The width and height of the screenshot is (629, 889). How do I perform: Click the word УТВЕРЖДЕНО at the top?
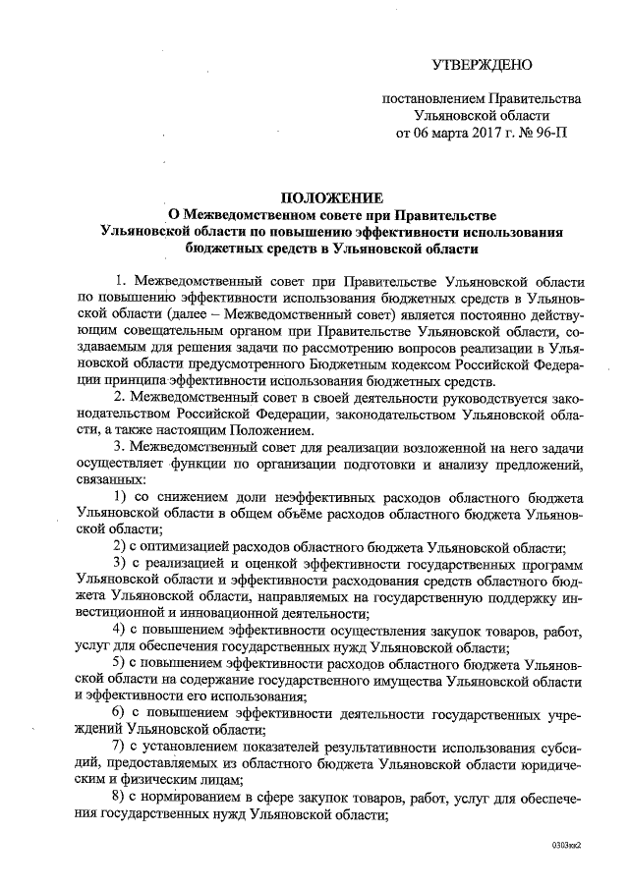pyautogui.click(x=482, y=66)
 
